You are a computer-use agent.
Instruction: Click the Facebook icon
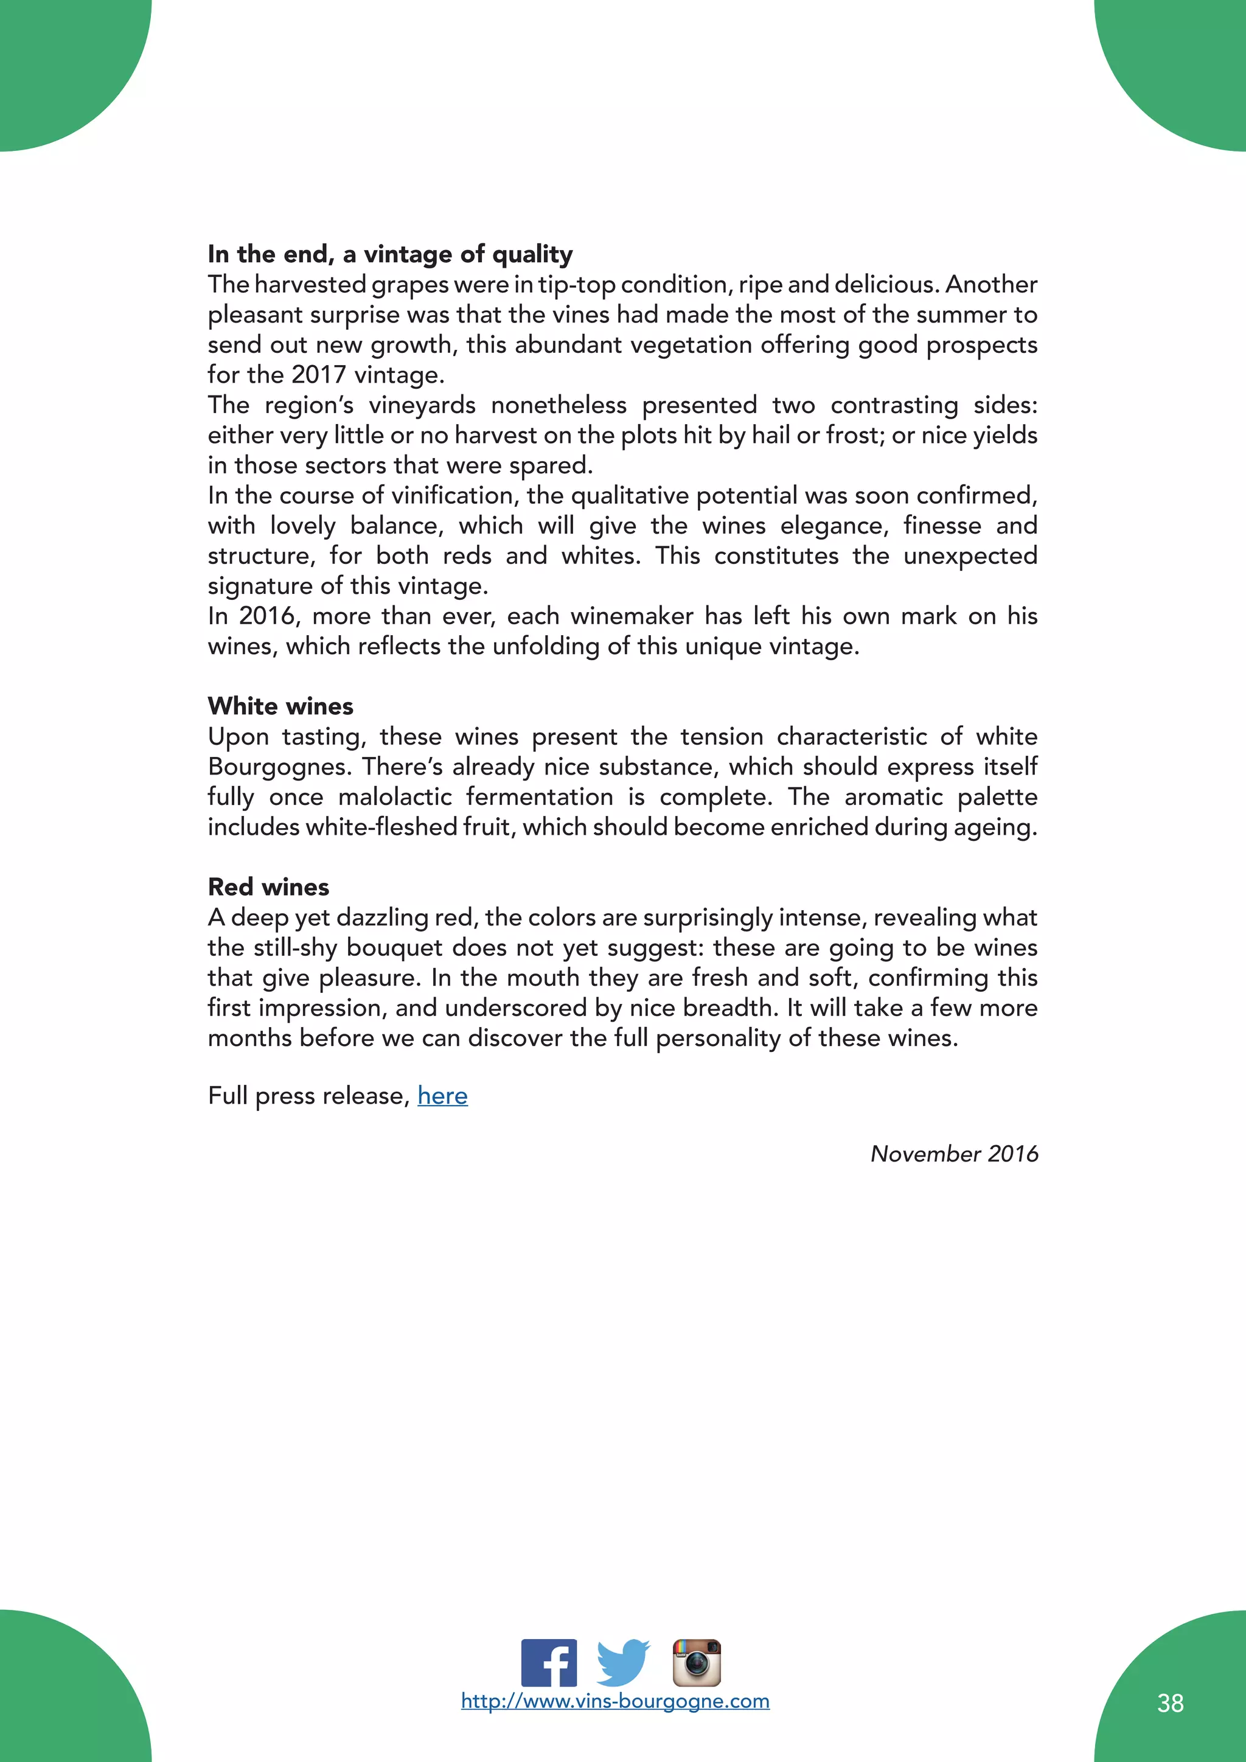549,1662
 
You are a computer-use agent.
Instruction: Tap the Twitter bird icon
623,1662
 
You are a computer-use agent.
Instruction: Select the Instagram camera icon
697,1662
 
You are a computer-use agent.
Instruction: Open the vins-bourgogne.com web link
614,1701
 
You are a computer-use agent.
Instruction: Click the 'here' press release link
443,1095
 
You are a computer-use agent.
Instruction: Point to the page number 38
1170,1703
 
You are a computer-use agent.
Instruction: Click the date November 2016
954,1154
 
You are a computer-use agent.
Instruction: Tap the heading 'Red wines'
268,887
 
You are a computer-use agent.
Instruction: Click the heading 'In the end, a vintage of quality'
391,254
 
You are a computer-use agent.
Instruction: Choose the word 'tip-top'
576,285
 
